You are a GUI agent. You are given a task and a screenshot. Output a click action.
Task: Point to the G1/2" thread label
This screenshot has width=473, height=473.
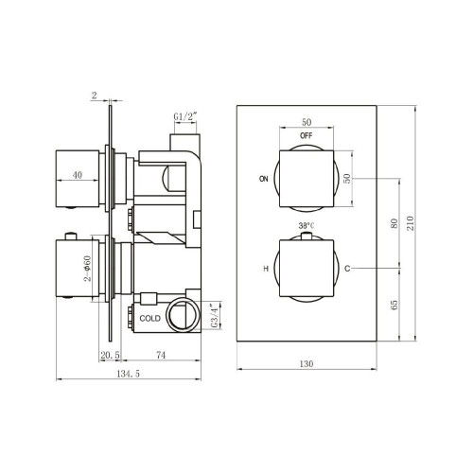pos(185,118)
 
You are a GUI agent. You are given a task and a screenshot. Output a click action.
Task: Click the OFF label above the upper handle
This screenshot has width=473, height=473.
pos(307,135)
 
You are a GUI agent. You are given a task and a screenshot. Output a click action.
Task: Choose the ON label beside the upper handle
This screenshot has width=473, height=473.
pos(262,177)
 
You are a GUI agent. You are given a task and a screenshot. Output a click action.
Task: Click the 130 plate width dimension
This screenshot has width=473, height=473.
pos(306,362)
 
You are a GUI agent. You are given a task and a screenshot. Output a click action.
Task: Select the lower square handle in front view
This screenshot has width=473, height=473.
pos(306,269)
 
